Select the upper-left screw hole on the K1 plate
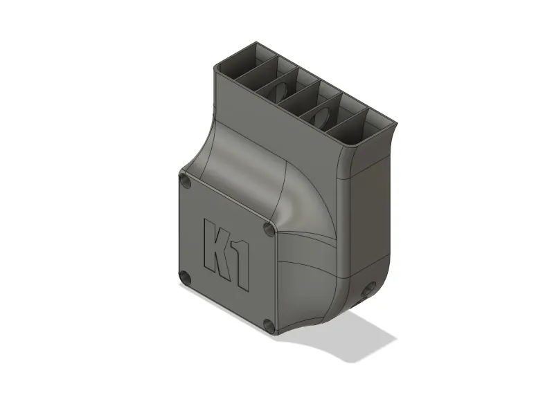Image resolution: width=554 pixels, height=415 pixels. click(185, 182)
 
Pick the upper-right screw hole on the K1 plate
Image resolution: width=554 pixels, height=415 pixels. click(270, 230)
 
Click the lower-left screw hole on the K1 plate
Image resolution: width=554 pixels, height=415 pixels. click(185, 279)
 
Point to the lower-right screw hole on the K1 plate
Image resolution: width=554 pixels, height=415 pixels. click(269, 326)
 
